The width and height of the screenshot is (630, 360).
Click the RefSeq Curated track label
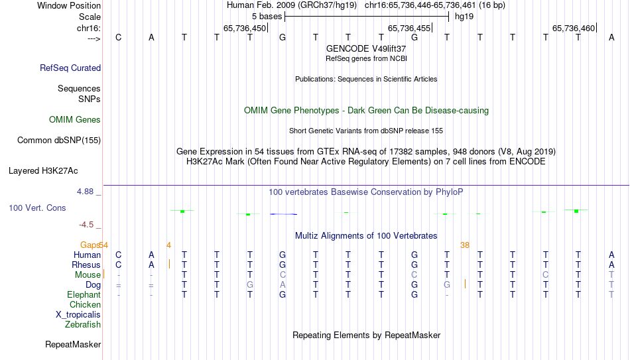(70, 68)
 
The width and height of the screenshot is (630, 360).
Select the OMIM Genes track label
(75, 120)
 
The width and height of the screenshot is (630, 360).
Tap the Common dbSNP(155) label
(59, 141)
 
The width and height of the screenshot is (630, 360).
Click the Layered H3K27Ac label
(43, 171)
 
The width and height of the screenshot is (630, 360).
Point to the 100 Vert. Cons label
(37, 208)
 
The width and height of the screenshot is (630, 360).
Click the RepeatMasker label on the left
(73, 344)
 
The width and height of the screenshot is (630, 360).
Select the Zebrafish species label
(83, 324)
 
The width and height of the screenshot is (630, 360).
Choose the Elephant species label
(84, 294)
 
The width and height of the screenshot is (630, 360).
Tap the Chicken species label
(85, 304)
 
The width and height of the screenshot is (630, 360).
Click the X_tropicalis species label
(78, 315)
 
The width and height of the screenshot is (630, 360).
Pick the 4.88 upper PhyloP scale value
(85, 192)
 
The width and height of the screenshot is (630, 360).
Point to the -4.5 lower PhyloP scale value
(86, 225)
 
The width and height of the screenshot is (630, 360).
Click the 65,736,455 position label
(409, 28)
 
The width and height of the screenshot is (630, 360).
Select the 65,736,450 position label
(245, 28)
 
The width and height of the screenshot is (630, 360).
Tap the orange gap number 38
(465, 245)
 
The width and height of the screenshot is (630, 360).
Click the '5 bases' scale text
(267, 17)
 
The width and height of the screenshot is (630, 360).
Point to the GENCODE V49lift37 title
(366, 48)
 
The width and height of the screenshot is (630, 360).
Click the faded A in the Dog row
(283, 285)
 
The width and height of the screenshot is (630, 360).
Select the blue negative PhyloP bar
(284, 214)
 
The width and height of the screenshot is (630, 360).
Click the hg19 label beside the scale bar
(464, 17)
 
